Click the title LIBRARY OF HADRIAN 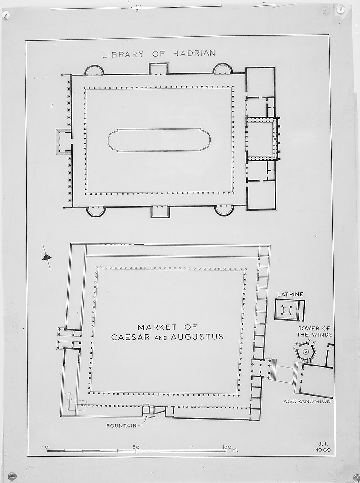(159, 54)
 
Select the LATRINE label (290, 294)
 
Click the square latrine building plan (289, 310)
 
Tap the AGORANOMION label (307, 401)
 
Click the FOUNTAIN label (121, 426)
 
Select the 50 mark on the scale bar (136, 447)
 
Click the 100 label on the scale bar (226, 447)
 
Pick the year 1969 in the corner (323, 450)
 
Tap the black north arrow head (47, 257)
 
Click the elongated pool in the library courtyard (159, 140)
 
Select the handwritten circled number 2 (325, 12)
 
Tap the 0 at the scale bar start (47, 447)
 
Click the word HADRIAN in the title (194, 53)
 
